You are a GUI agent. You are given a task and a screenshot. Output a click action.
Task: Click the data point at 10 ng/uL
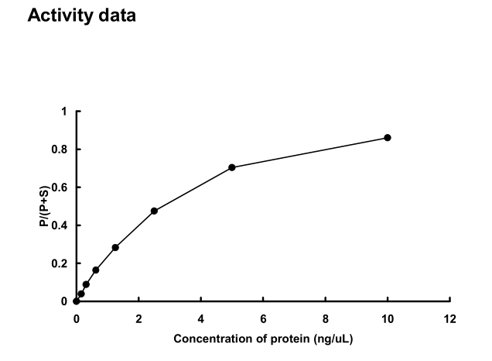coord(388,138)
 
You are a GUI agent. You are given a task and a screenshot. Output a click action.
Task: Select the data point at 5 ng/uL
coord(232,167)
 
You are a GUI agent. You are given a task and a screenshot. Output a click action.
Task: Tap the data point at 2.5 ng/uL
coord(154,211)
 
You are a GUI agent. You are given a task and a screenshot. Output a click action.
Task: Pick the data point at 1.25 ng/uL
coord(115,247)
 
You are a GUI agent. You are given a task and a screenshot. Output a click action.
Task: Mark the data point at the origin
coord(76,301)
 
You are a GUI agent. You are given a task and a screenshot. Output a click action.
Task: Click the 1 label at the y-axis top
coord(65,112)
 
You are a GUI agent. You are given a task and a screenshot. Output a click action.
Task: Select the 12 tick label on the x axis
coord(450,318)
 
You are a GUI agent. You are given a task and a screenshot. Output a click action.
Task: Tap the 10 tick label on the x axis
coord(388,318)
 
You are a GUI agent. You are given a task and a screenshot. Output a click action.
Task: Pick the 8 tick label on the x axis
coord(325,318)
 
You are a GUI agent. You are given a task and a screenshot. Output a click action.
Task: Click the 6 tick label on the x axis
coord(263,318)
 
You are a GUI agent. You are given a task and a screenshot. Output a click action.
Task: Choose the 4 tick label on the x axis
coord(200,318)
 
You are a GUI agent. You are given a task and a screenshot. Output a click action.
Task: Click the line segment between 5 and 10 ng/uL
coord(309,153)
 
